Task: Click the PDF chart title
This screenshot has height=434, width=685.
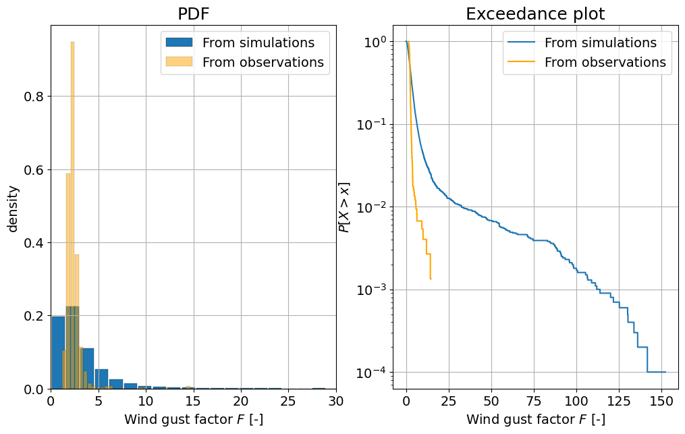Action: pyautogui.click(x=193, y=14)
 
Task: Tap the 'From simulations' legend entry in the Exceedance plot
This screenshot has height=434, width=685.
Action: pyautogui.click(x=600, y=43)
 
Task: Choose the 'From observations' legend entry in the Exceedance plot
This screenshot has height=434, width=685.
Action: pyautogui.click(x=605, y=63)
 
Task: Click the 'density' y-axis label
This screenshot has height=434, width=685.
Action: pyautogui.click(x=13, y=208)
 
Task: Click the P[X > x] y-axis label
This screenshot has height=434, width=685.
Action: pyautogui.click(x=344, y=207)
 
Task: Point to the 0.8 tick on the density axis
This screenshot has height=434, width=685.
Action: pyautogui.click(x=36, y=97)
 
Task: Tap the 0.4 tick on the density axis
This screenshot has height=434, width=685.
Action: pyautogui.click(x=36, y=243)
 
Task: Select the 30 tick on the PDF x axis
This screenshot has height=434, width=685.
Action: pyautogui.click(x=335, y=401)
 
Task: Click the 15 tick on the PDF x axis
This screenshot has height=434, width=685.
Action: pyautogui.click(x=193, y=401)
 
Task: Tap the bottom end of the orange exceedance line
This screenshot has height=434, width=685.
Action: pyautogui.click(x=431, y=278)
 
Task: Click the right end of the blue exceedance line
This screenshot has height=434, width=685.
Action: pyautogui.click(x=665, y=372)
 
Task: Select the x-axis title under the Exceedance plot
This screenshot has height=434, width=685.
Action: pyautogui.click(x=535, y=420)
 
